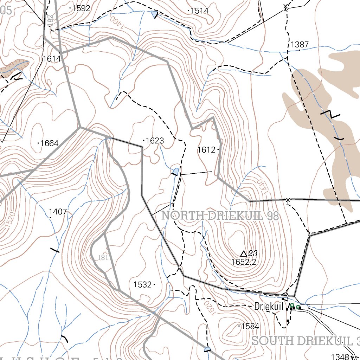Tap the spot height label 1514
coord(200,11)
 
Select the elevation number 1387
coord(300,45)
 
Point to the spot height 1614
coord(51,59)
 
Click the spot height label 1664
coord(50,143)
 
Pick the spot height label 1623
coord(155,141)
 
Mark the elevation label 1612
coord(206,150)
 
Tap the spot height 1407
coord(58,212)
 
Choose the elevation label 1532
coord(142,284)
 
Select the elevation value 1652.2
coord(244,262)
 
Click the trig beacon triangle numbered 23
coord(243,253)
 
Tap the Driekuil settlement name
coord(269,306)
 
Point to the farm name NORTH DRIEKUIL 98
coord(220,216)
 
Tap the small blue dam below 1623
coord(175,171)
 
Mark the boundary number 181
coord(102,258)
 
